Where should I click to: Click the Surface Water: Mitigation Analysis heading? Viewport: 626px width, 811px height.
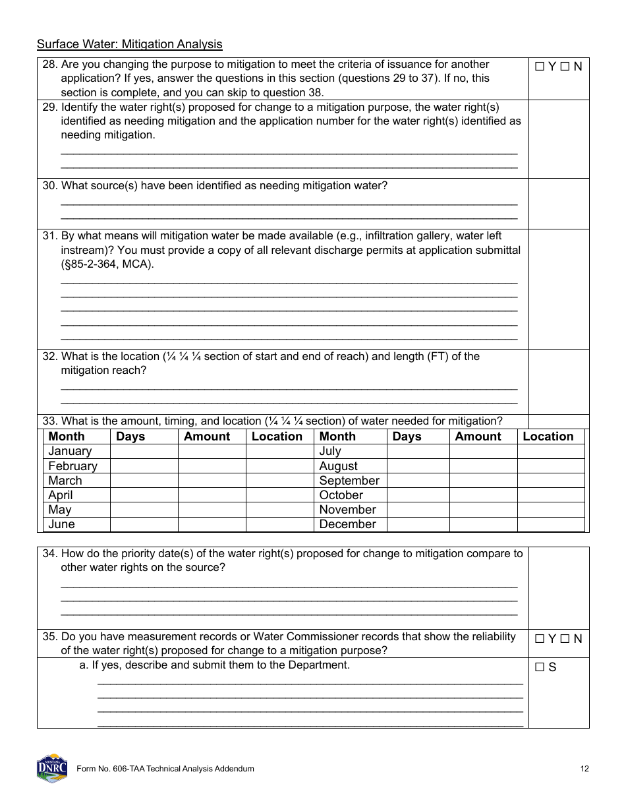(130, 44)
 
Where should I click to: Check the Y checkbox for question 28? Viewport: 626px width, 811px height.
(540, 67)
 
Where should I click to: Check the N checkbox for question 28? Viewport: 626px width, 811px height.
(565, 67)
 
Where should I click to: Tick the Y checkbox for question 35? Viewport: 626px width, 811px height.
(540, 638)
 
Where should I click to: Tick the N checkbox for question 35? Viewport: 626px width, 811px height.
(565, 638)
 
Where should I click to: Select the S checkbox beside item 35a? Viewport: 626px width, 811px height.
(540, 667)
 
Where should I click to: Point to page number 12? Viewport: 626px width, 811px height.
(584, 769)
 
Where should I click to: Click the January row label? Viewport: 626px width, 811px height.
(70, 451)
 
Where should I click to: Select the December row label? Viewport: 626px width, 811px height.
(347, 524)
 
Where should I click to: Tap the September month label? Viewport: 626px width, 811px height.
(349, 481)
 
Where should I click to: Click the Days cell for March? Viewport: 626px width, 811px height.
(144, 481)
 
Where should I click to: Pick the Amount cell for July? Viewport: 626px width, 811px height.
(483, 451)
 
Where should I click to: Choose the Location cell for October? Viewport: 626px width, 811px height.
(551, 495)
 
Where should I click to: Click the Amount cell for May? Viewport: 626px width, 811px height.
(212, 510)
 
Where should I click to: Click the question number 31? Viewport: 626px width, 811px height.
(50, 236)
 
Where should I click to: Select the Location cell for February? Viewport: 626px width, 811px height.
(279, 466)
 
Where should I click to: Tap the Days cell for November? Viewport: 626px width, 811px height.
(418, 510)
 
